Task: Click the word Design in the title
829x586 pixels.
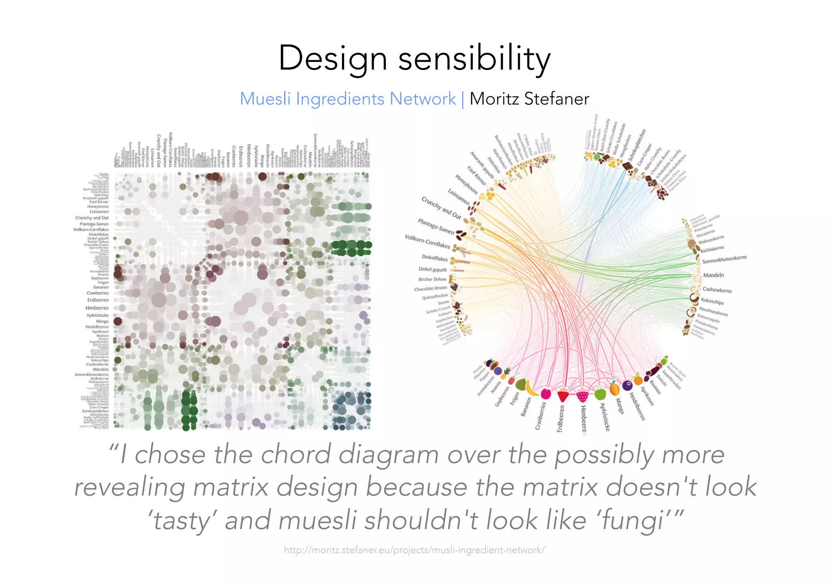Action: pyautogui.click(x=333, y=58)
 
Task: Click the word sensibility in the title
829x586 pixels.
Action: pyautogui.click(x=474, y=58)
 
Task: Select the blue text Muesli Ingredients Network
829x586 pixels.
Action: pyautogui.click(x=348, y=99)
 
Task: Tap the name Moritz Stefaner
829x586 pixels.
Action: pyautogui.click(x=529, y=99)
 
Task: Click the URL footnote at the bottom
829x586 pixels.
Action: pyautogui.click(x=414, y=550)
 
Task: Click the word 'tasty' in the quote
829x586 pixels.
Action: pyautogui.click(x=182, y=520)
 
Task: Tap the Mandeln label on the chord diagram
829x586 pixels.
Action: pyautogui.click(x=713, y=275)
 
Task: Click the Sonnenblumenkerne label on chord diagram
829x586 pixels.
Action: pyautogui.click(x=724, y=259)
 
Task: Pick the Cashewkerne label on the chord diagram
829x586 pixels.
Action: pyautogui.click(x=717, y=290)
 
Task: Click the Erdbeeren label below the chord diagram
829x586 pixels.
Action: pyautogui.click(x=560, y=419)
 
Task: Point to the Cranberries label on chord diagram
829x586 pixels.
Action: pyautogui.click(x=540, y=415)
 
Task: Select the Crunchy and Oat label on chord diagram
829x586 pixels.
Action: pyautogui.click(x=442, y=208)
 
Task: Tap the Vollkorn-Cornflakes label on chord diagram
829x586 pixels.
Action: pyautogui.click(x=427, y=241)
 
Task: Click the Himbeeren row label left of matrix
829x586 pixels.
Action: pyautogui.click(x=97, y=308)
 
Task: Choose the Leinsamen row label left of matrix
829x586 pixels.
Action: pyautogui.click(x=99, y=211)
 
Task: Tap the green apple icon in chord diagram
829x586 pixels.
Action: pyautogui.click(x=599, y=392)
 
